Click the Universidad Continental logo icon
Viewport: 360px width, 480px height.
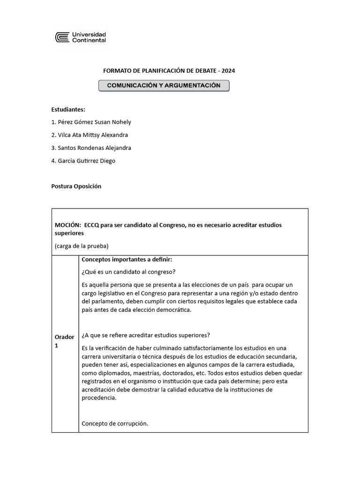[62, 37]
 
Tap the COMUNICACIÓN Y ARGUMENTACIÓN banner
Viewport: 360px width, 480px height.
[164, 86]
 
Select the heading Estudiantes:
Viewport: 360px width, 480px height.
[68, 109]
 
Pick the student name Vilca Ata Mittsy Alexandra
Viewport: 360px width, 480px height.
[90, 135]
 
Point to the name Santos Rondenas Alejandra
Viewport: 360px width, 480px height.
[91, 148]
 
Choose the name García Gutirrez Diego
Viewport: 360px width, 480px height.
[83, 161]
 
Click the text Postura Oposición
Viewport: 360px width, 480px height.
[76, 186]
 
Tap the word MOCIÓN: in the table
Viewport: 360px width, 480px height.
[67, 225]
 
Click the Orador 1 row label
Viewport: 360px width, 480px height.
[64, 341]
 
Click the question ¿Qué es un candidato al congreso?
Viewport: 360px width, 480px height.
[129, 272]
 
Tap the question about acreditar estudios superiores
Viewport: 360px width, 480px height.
[146, 335]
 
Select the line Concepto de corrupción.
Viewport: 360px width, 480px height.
[115, 423]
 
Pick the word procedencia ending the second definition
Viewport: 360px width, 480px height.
[98, 398]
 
